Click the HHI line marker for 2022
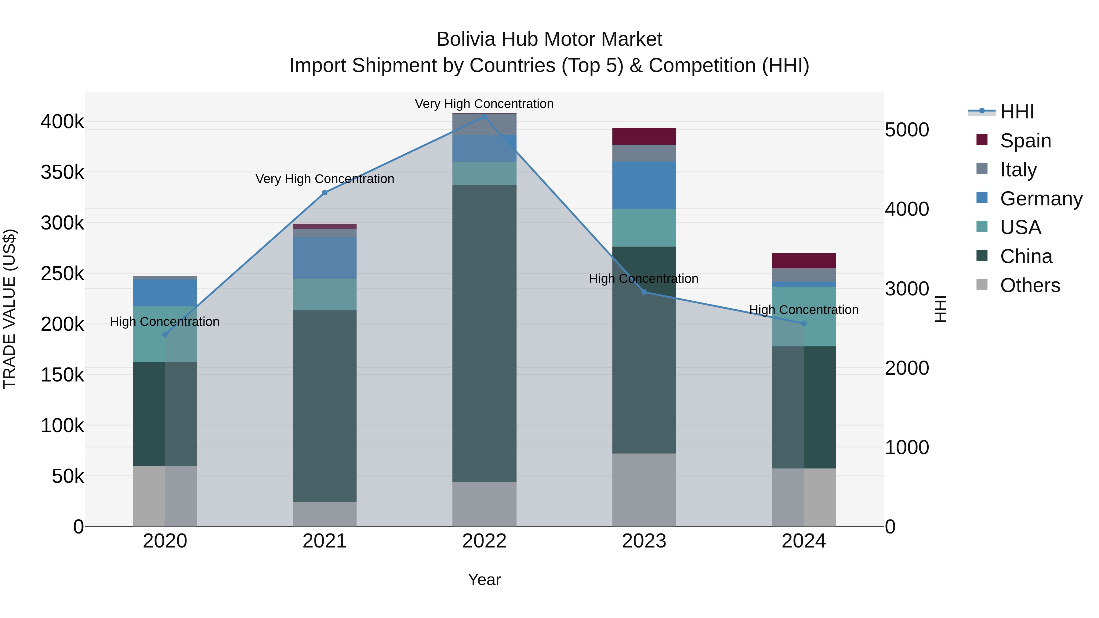pos(484,117)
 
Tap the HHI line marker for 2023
pos(644,292)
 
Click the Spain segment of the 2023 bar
pos(644,136)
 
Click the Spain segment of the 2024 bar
pos(804,261)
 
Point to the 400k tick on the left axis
pos(62,122)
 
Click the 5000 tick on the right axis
pos(907,130)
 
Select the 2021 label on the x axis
pos(325,541)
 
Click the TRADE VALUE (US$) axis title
pos(9,309)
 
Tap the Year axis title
pos(484,580)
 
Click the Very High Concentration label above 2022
pos(484,104)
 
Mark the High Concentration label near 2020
pos(165,322)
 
